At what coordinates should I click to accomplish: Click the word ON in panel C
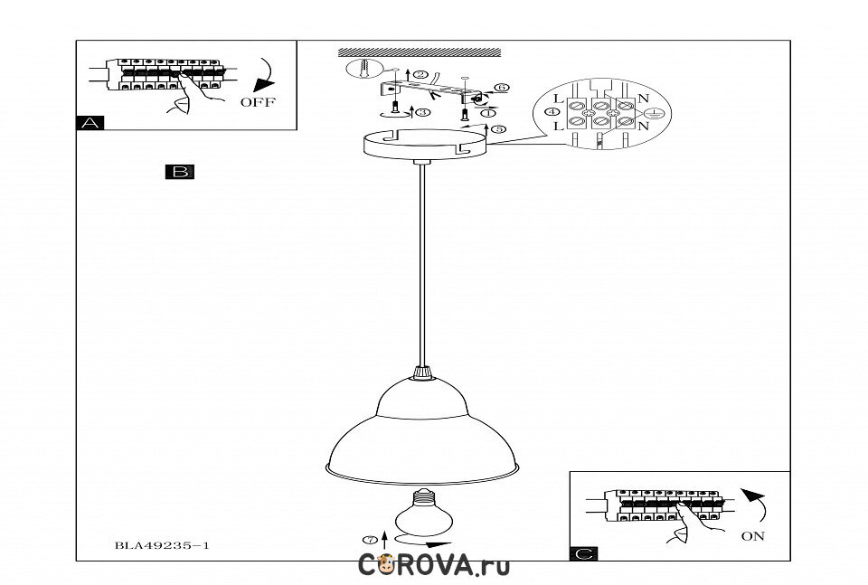(752, 536)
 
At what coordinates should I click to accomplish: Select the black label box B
(179, 171)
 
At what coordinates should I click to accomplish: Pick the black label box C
(583, 553)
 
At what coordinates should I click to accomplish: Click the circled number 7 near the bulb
(369, 540)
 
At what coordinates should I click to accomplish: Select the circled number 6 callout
(502, 88)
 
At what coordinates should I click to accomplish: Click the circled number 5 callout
(499, 129)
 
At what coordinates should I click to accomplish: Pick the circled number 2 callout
(419, 72)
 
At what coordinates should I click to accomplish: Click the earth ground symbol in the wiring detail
(656, 113)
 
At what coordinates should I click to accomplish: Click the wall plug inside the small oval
(362, 71)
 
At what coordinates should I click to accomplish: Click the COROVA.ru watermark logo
(434, 566)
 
